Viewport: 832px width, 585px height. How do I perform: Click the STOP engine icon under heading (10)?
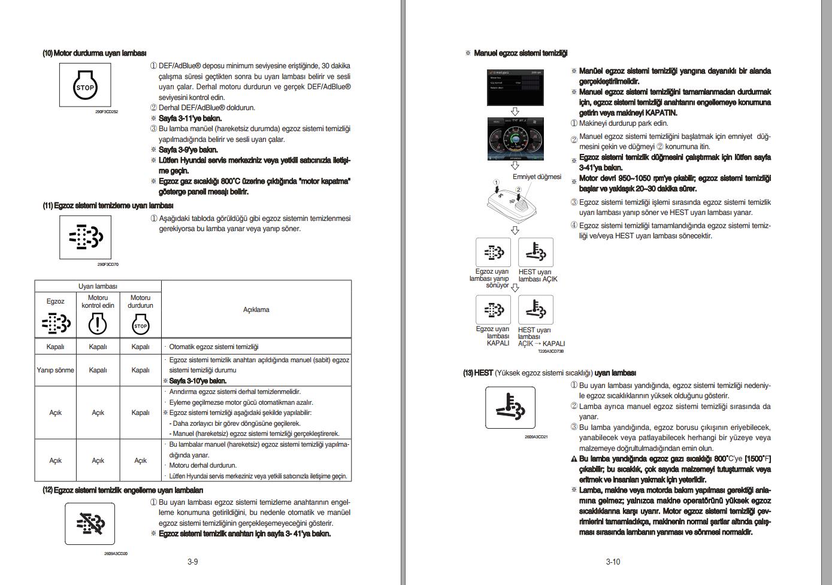click(85, 86)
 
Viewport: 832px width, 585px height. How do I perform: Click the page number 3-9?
click(192, 562)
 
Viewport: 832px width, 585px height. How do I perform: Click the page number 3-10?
click(613, 562)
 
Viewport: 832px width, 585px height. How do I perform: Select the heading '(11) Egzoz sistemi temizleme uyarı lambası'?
click(108, 205)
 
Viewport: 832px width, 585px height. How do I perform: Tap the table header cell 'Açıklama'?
click(256, 310)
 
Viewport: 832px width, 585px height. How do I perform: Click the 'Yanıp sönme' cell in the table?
click(55, 370)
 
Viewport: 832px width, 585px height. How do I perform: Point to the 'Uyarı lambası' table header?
click(98, 286)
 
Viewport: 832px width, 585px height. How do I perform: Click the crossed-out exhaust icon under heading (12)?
click(90, 523)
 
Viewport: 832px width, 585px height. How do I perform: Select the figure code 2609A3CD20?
click(116, 554)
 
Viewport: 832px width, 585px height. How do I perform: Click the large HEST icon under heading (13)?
click(510, 407)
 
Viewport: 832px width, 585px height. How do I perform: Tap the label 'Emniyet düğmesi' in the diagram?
click(537, 177)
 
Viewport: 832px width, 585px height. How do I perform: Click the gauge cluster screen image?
click(514, 139)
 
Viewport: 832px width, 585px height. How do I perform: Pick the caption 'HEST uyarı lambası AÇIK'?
click(537, 275)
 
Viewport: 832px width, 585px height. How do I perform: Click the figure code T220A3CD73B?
click(550, 351)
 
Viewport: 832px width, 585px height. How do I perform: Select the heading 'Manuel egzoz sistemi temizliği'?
click(520, 53)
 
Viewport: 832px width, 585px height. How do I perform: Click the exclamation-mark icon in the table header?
click(98, 325)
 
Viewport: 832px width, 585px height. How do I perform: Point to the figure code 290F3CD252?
click(107, 111)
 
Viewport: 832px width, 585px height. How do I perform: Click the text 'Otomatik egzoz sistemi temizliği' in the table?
click(213, 347)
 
